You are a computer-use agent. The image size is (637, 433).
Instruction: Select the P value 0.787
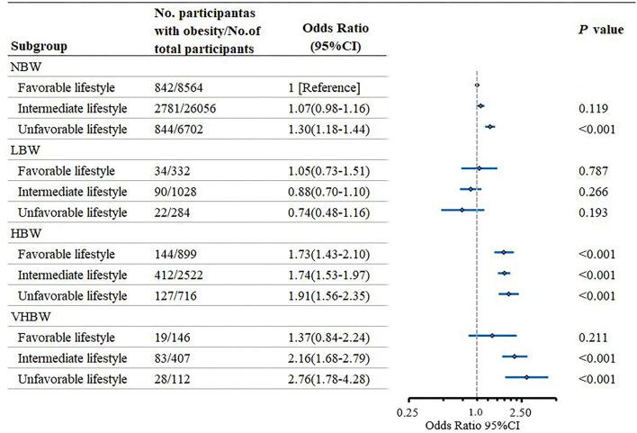click(x=594, y=170)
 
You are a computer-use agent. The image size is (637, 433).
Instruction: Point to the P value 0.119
click(x=594, y=108)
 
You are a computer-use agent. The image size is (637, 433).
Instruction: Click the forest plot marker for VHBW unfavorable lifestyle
click(x=525, y=377)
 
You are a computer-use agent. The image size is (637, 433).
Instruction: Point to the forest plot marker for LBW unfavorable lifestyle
click(x=462, y=210)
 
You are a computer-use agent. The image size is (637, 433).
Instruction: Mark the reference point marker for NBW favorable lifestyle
click(x=476, y=86)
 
